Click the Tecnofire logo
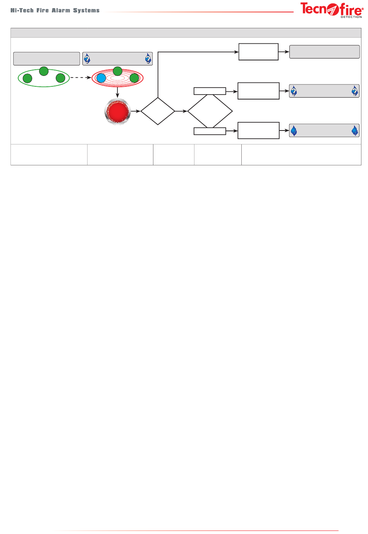pos(331,9)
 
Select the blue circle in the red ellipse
pos(101,78)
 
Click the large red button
pos(118,112)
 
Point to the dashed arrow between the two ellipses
pos(81,78)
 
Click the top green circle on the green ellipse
pos(44,71)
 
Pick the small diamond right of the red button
pos(158,111)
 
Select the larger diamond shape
pos(210,111)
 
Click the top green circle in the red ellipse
pos(117,71)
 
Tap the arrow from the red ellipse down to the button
pos(117,93)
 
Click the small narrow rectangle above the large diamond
pos(210,91)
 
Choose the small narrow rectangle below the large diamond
pos(210,131)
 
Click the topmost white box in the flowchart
pos(258,52)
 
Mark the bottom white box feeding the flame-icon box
pos(258,130)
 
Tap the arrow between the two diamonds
pos(181,111)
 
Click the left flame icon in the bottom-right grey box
pos(294,131)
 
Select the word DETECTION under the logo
pos(351,17)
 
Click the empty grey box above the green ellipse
pos(46,59)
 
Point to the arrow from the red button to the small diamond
pos(136,111)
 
